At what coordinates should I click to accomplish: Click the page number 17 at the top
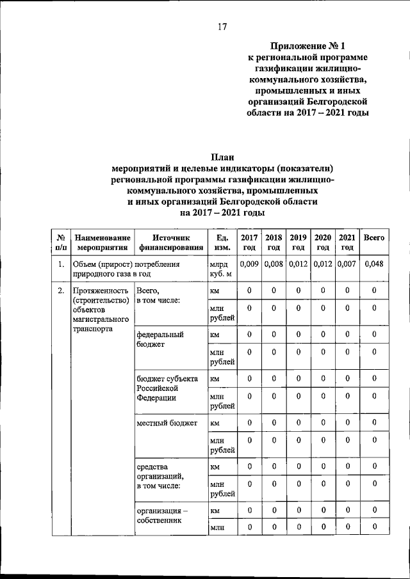click(x=222, y=27)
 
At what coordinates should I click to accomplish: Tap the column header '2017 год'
click(x=249, y=242)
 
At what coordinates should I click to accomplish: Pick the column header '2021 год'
click(x=347, y=242)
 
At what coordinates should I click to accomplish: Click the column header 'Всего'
click(x=373, y=238)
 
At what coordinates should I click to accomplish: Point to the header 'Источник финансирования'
click(x=166, y=242)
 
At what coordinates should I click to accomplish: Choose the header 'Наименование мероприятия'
click(x=100, y=242)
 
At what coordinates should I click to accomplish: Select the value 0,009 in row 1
click(x=249, y=264)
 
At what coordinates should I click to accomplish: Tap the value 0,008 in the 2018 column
click(x=274, y=264)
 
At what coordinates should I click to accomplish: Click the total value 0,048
click(x=373, y=264)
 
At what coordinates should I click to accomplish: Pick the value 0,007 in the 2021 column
click(x=347, y=264)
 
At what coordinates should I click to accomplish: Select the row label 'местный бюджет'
click(x=167, y=423)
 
